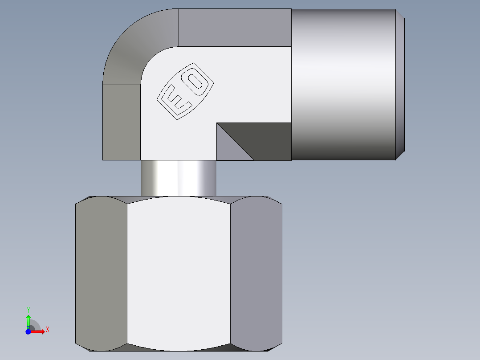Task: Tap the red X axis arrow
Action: (39, 331)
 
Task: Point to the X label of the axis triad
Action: (47, 330)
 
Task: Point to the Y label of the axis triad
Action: (28, 310)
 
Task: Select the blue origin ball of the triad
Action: (28, 331)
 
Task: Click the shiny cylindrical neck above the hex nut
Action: (179, 178)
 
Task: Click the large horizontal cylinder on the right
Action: (343, 85)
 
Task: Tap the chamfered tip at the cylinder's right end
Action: (400, 85)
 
